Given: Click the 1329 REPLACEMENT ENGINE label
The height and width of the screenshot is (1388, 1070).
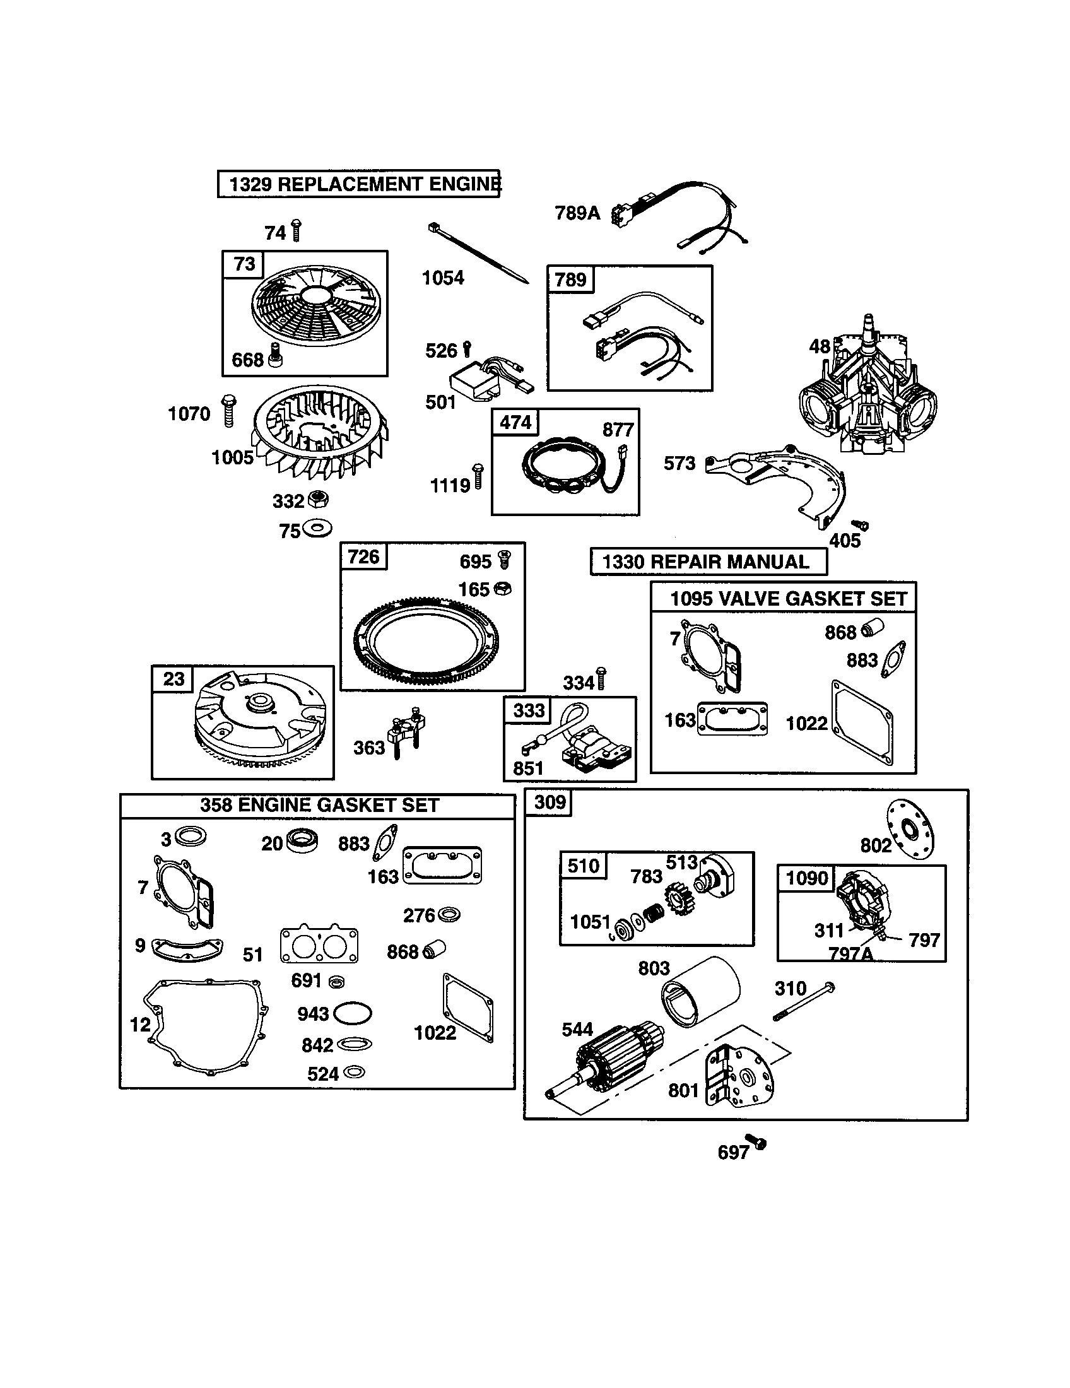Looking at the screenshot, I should tap(359, 184).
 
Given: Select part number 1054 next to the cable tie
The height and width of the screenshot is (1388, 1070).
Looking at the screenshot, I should tap(443, 278).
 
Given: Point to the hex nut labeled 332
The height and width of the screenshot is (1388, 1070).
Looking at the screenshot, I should tap(317, 500).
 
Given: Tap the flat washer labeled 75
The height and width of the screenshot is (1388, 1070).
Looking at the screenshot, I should tap(317, 527).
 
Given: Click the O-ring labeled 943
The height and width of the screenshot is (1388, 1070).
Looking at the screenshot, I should tap(353, 1013).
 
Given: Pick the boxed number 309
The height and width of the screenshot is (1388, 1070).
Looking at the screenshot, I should tap(550, 802).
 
